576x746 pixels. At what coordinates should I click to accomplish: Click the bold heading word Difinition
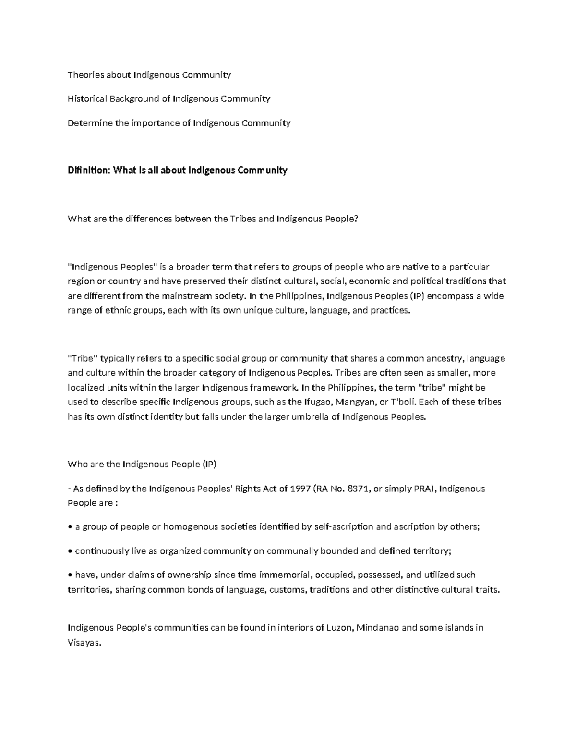(x=89, y=171)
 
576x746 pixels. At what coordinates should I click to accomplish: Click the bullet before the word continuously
(x=70, y=551)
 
